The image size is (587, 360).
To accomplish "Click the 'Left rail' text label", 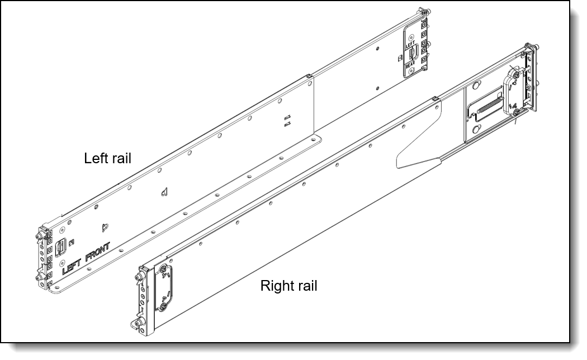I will click(x=107, y=158).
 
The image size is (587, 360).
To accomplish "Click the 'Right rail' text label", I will click(x=288, y=286).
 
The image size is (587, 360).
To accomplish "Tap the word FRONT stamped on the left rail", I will click(x=98, y=252).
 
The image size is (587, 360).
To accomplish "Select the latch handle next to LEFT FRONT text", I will click(x=58, y=247).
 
